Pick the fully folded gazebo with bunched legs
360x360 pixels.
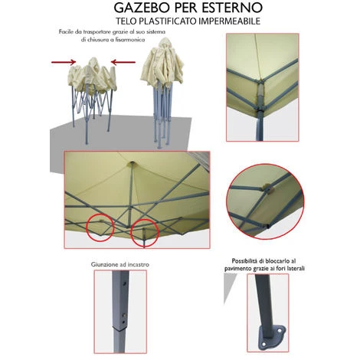(165, 92)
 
